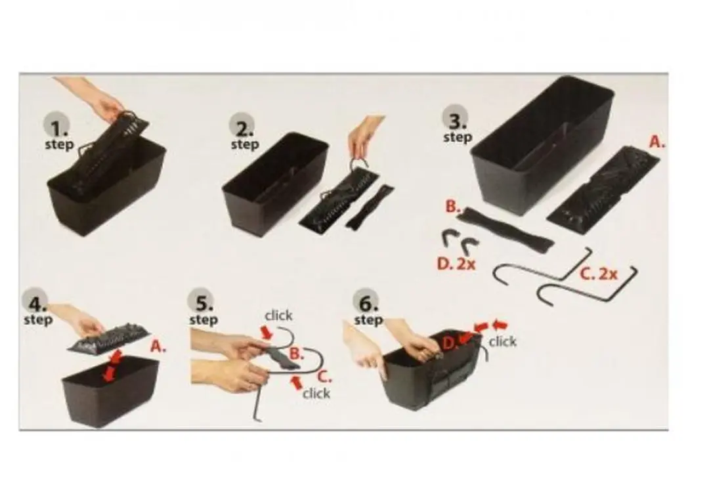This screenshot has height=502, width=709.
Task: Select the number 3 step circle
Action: click(x=456, y=118)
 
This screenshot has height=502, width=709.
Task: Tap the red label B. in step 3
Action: click(x=452, y=207)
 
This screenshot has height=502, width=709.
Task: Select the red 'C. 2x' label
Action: click(x=599, y=274)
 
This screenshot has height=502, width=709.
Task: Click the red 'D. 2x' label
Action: click(x=456, y=263)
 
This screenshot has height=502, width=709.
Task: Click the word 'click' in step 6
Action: click(x=502, y=341)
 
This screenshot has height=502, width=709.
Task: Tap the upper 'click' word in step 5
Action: click(x=278, y=316)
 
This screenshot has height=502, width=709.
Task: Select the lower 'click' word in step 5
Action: click(x=316, y=393)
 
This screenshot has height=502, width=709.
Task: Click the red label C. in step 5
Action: click(x=325, y=376)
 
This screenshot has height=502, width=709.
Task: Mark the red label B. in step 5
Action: click(x=296, y=354)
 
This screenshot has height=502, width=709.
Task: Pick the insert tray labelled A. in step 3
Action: click(x=603, y=190)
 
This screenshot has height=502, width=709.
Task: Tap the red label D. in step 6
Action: click(x=448, y=343)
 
